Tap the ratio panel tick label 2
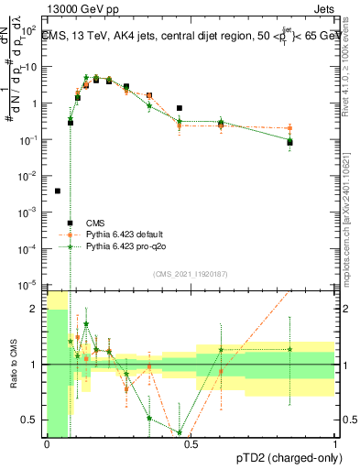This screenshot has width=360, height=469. (x=37, y=309)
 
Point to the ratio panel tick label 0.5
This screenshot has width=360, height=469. (x=31, y=420)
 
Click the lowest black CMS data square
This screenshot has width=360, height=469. (x=58, y=191)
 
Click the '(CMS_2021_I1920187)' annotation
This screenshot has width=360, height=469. (x=191, y=274)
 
